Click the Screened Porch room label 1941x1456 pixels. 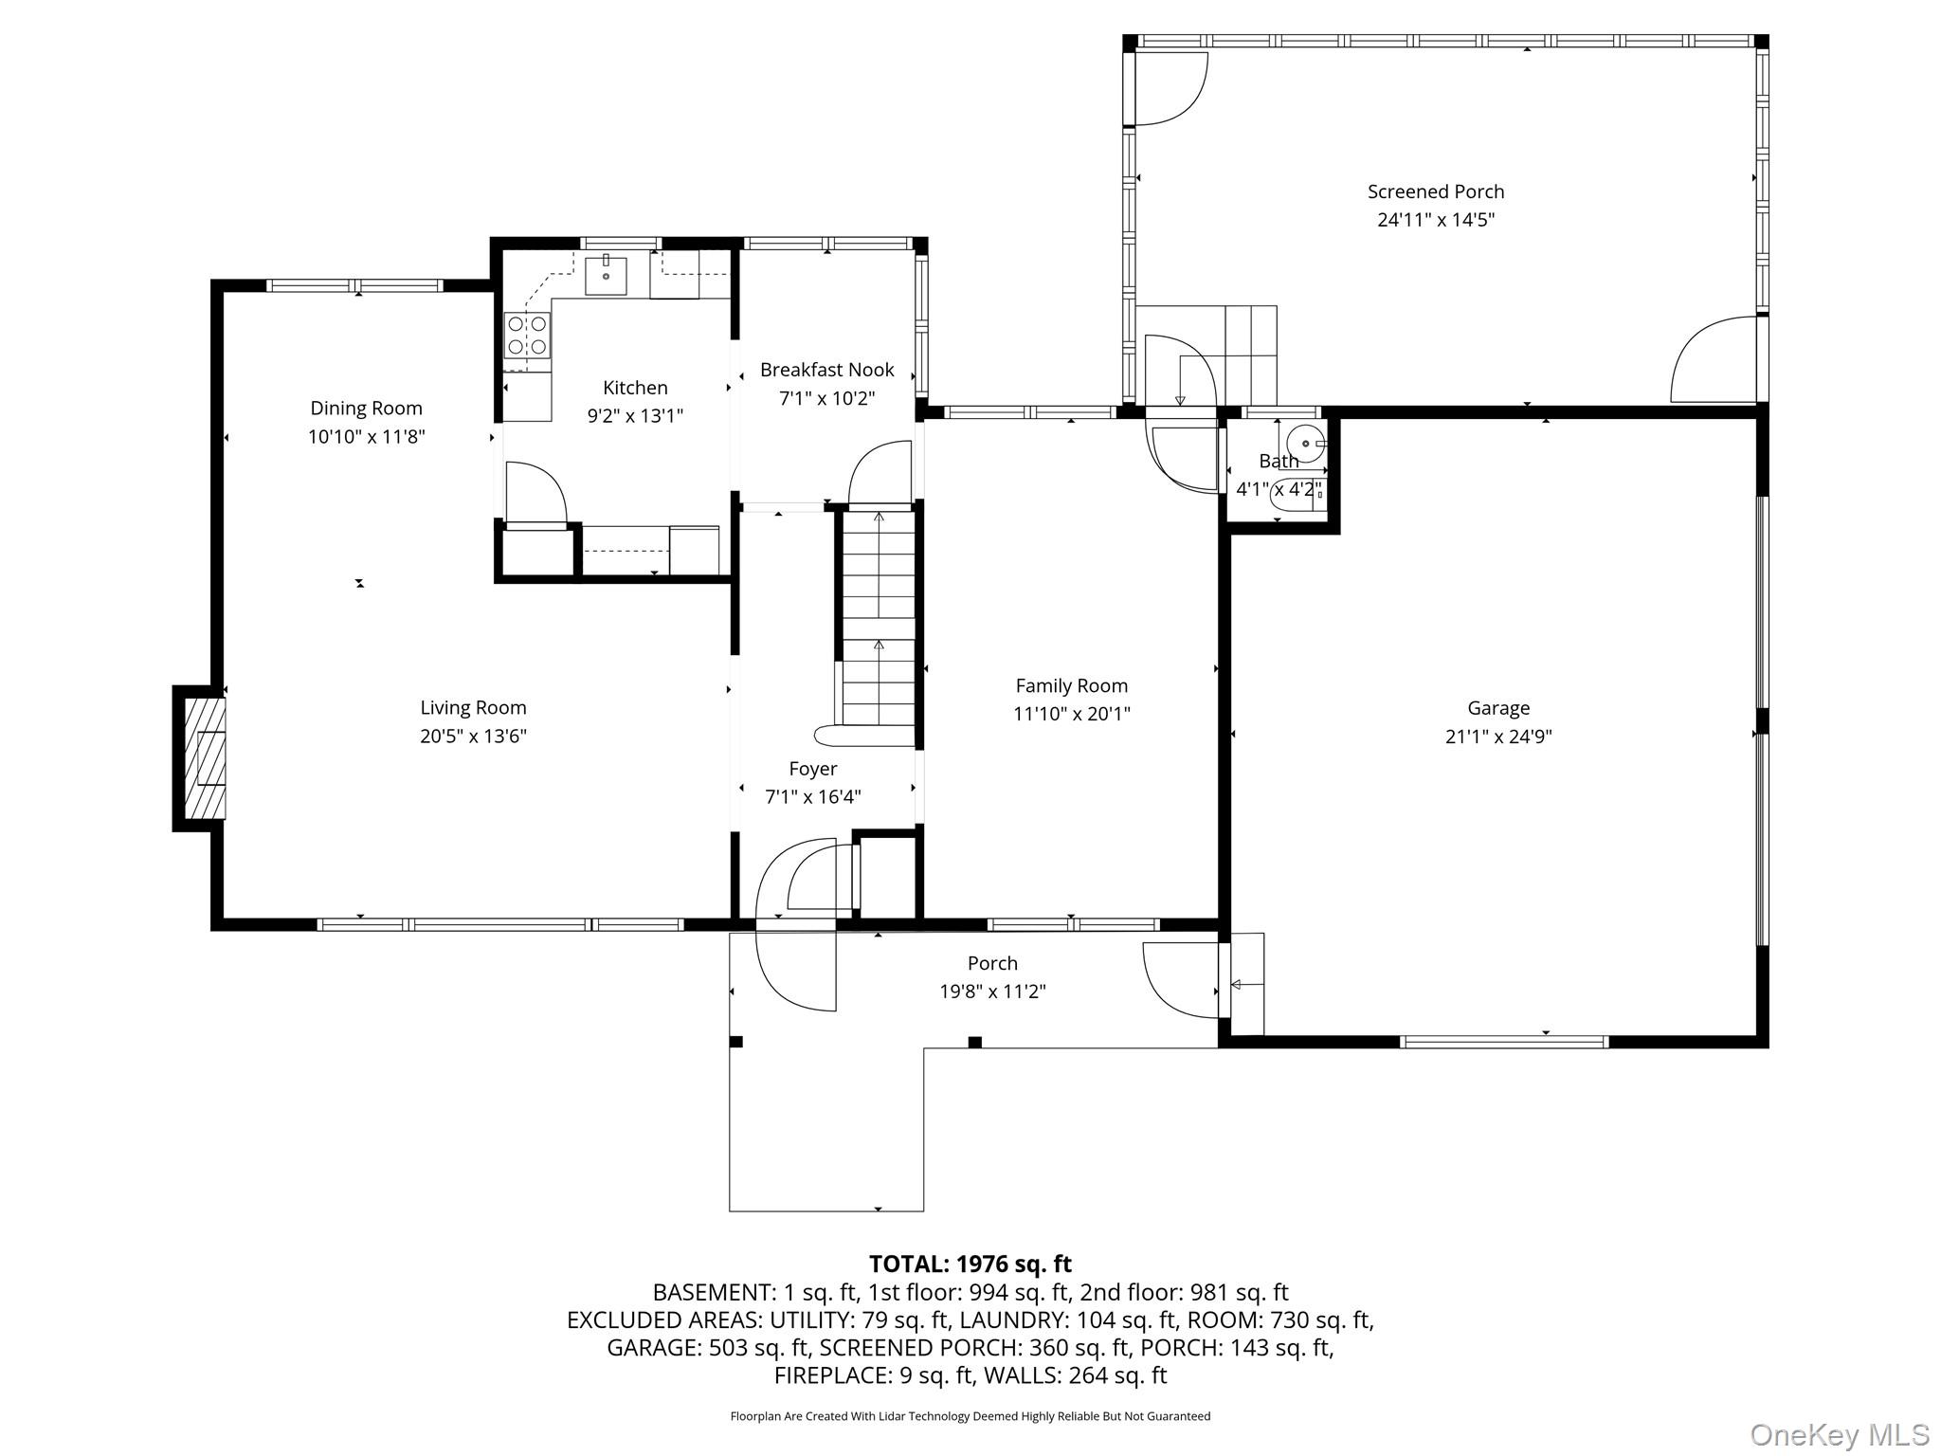1435,191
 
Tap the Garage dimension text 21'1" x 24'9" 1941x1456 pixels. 1498,737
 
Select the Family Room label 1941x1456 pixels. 1071,685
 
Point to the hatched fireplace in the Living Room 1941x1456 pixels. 205,758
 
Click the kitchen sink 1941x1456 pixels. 606,276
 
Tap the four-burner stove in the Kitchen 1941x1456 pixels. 528,335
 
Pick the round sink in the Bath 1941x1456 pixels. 1306,443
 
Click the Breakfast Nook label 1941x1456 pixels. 826,370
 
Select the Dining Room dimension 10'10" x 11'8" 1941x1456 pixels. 366,437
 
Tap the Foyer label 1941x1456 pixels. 812,769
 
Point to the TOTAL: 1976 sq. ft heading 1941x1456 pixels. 970,1264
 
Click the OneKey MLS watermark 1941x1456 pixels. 1839,1435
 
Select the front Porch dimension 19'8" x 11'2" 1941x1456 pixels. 992,992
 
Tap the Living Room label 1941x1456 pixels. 473,707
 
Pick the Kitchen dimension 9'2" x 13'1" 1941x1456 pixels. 635,416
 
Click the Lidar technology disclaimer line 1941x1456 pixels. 970,1416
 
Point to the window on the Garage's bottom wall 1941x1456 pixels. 1504,1042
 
